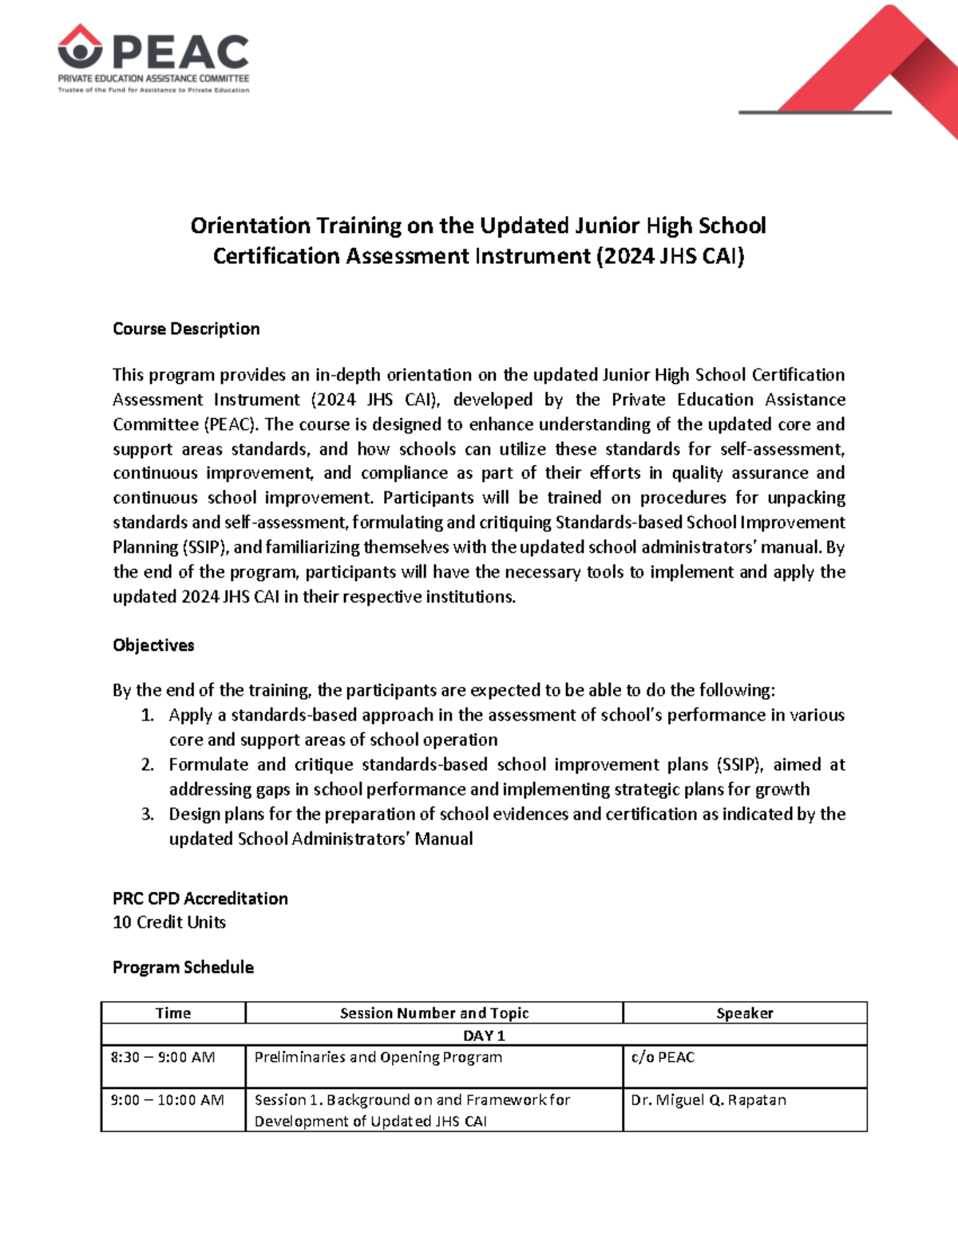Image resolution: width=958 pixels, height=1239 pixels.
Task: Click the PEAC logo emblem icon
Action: (x=80, y=47)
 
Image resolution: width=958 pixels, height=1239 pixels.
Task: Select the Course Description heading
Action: (x=186, y=329)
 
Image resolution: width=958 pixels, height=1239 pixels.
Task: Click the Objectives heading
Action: (x=153, y=645)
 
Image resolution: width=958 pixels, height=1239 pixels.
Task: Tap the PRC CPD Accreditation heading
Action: (x=200, y=898)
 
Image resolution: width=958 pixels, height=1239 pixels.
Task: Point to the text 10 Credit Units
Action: (x=169, y=922)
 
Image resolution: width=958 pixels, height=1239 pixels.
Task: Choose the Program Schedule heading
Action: (x=183, y=967)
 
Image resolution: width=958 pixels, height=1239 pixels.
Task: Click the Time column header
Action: (x=173, y=1013)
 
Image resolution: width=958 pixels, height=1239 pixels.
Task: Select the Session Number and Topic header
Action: (x=434, y=1013)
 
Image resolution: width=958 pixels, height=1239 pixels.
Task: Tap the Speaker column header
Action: (x=744, y=1013)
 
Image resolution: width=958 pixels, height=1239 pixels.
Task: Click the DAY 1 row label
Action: (x=484, y=1036)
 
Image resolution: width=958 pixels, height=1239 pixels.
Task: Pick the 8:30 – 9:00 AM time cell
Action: (x=163, y=1057)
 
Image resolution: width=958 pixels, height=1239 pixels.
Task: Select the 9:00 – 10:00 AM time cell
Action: (x=167, y=1100)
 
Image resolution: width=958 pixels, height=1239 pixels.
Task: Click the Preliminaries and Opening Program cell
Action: (x=378, y=1057)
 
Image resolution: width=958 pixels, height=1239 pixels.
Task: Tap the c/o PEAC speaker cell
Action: (x=663, y=1057)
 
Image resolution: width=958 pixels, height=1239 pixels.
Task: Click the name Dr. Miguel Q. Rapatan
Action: (x=708, y=1100)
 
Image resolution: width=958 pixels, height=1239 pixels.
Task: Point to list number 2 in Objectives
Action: (x=148, y=764)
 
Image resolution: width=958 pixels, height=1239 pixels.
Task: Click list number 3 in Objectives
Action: (x=148, y=814)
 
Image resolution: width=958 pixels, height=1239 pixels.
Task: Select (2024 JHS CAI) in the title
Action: (x=670, y=256)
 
